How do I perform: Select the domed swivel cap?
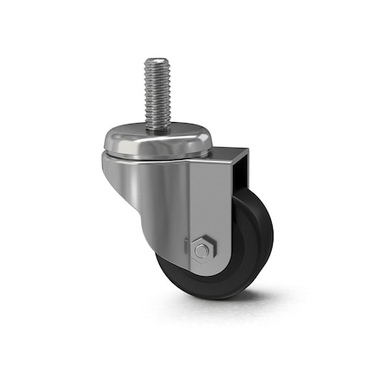(157, 139)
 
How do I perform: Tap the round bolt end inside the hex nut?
(201, 251)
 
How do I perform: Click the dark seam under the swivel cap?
(155, 158)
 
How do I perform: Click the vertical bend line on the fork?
(187, 206)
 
